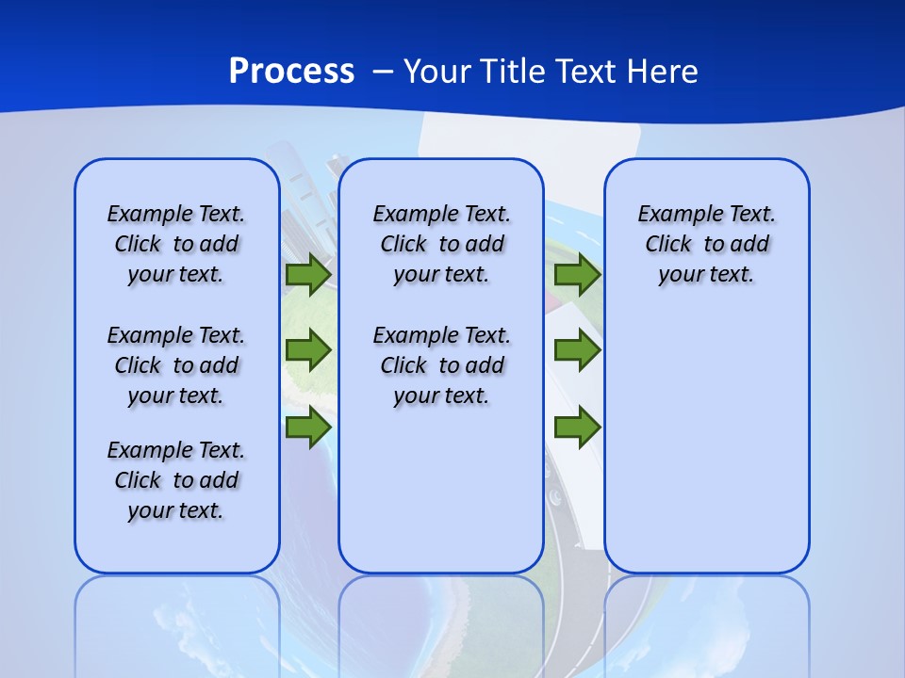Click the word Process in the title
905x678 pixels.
[x=291, y=72]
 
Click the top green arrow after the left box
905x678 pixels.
[x=308, y=275]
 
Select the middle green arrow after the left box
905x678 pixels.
[x=308, y=350]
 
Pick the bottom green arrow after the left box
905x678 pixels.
[x=308, y=427]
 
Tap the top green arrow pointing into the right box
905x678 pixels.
[x=577, y=275]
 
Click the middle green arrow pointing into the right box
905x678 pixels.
[x=577, y=350]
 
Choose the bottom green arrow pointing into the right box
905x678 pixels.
[x=577, y=427]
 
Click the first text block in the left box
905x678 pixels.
[x=176, y=244]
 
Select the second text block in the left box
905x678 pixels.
[x=176, y=365]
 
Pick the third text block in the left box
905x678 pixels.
[x=176, y=480]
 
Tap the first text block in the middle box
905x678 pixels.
[x=441, y=244]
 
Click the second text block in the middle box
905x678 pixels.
[x=441, y=365]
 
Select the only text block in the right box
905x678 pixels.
[x=706, y=244]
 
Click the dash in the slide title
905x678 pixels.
[x=382, y=72]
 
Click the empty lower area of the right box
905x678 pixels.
[x=706, y=452]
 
